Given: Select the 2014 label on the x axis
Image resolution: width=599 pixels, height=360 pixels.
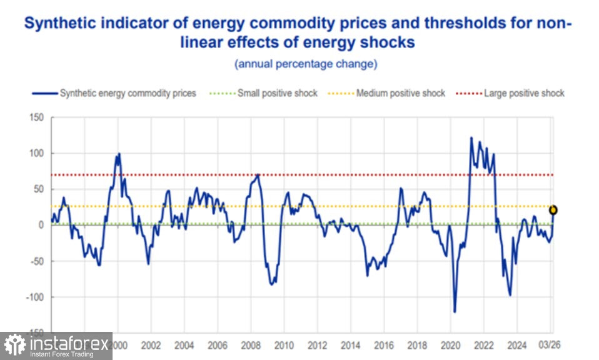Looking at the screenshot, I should point(350,345).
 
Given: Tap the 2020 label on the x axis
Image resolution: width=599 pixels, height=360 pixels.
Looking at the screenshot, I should point(450,345).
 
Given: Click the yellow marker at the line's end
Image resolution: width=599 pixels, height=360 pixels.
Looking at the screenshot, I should point(553,210).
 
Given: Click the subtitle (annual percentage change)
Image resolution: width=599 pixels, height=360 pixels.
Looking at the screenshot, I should point(305,64).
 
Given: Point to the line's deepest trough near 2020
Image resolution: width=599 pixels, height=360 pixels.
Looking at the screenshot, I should point(455,312).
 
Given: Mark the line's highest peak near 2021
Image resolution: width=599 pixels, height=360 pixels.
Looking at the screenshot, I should point(471,137).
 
